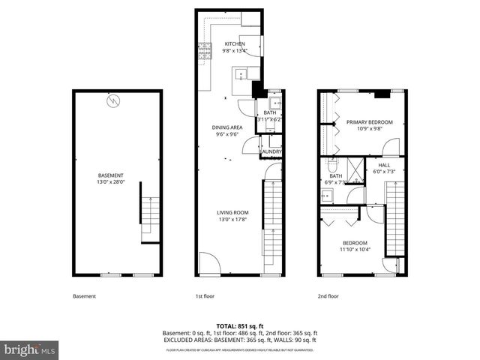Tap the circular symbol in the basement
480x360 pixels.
tap(113, 101)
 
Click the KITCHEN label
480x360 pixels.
tap(235, 44)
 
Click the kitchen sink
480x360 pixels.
tap(241, 73)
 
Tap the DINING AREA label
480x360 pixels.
tap(228, 127)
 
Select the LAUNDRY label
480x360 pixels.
tap(271, 152)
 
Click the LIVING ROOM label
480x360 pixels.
tap(233, 212)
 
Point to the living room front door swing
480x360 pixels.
tap(206, 265)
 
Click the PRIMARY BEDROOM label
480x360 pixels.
tap(364, 121)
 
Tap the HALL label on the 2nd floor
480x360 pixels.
tap(384, 165)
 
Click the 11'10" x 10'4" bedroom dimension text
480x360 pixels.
tap(355, 250)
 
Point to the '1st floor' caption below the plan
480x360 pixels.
tap(205, 296)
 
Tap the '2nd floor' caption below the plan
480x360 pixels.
tap(327, 296)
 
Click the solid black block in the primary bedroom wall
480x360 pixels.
tap(382, 94)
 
